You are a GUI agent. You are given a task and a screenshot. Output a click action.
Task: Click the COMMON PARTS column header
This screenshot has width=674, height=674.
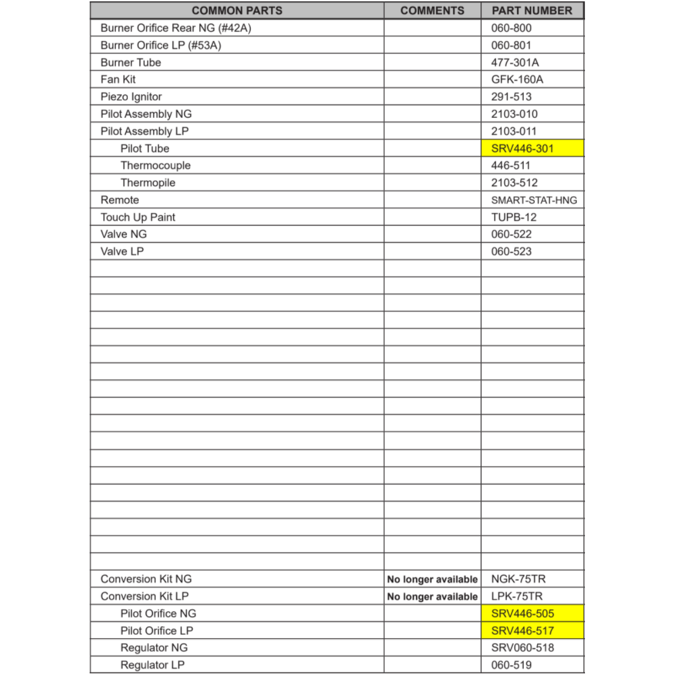pos(237,11)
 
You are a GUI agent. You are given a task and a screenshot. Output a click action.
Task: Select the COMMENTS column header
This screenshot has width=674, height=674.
pos(432,11)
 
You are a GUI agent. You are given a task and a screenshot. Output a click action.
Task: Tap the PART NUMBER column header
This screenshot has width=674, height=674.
pos(532,11)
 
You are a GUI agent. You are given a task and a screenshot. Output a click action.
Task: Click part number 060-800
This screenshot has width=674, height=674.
pos(511,28)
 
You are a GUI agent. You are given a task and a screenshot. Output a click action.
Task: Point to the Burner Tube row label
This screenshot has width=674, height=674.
pos(131,63)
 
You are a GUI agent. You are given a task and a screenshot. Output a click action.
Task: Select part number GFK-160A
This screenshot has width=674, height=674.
pos(517,80)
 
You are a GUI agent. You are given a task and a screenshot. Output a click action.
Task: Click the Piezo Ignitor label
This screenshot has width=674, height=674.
pos(131,97)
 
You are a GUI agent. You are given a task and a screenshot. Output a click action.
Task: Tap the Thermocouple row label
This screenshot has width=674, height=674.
pos(156,166)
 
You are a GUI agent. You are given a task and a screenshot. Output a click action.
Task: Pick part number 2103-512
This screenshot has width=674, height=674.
pos(514,183)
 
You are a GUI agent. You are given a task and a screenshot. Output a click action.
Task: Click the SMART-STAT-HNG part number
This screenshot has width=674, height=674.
pos(534,200)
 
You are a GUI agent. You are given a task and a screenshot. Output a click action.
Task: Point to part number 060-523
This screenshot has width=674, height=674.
pos(511,251)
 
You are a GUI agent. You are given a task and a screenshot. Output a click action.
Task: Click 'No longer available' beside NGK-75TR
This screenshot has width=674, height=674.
pos(432,580)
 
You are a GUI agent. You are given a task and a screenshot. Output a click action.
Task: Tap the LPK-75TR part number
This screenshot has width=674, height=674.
pos(517,596)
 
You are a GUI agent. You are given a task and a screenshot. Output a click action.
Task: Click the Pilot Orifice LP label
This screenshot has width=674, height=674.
pos(156,631)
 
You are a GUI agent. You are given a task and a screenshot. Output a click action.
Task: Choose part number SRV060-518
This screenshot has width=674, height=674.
pos(523,648)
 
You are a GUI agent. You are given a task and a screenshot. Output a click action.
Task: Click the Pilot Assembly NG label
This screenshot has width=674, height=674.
pos(146,114)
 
